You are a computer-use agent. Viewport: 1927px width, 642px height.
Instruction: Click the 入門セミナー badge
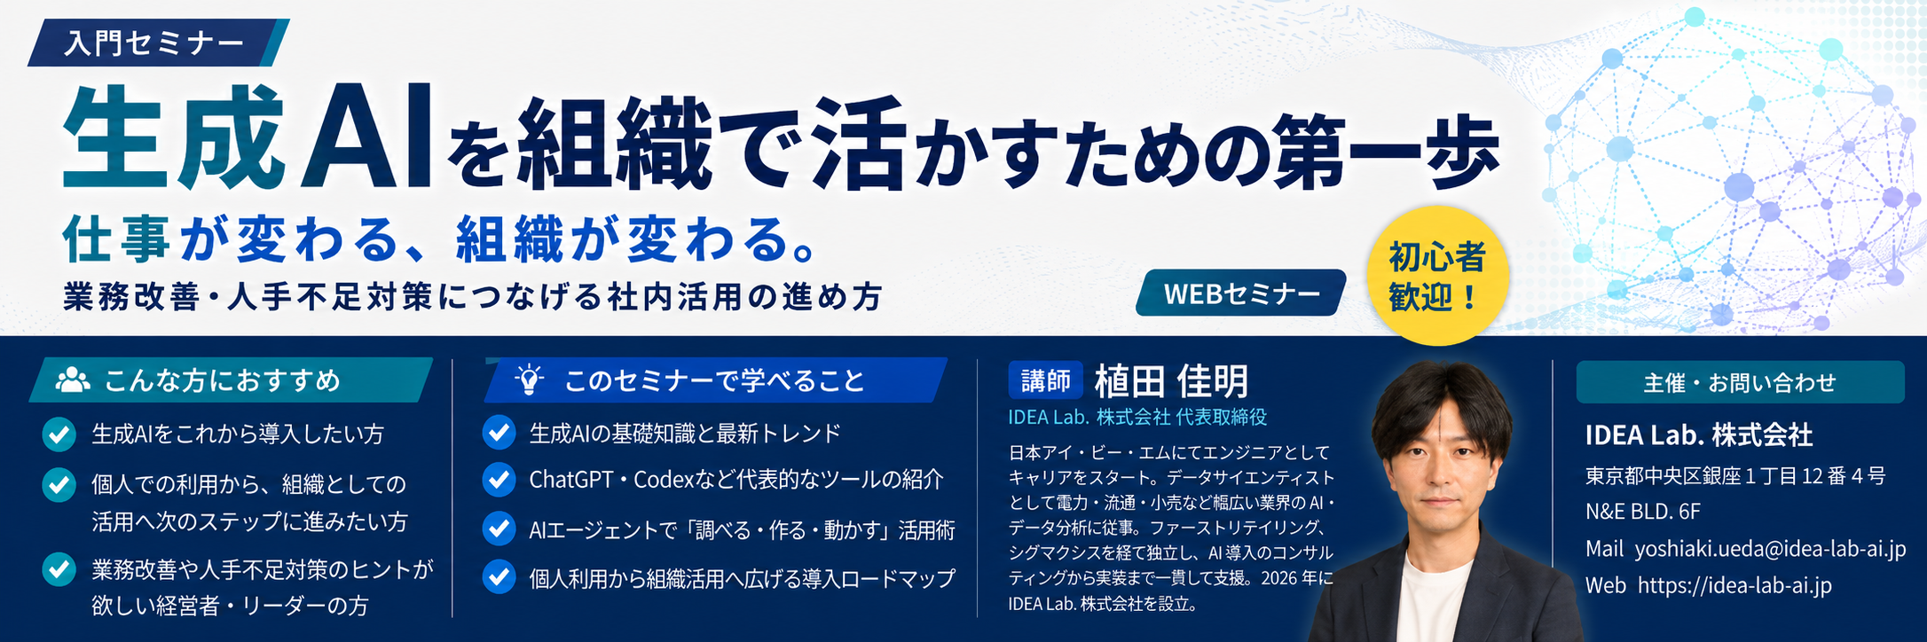point(158,43)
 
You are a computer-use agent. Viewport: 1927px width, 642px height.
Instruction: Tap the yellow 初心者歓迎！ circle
point(1437,276)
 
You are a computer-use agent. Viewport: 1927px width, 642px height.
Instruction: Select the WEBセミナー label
point(1241,294)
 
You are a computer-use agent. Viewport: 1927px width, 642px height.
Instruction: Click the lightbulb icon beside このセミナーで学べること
point(530,380)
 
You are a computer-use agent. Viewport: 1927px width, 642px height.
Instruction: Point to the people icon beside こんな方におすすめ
point(73,380)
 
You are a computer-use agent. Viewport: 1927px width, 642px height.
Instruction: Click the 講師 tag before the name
point(1045,381)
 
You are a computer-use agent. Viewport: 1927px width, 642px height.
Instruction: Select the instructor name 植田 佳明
point(1171,381)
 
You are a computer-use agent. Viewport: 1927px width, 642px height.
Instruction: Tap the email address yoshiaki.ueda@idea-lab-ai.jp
point(1770,549)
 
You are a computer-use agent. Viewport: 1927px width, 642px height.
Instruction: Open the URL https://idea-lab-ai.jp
point(1734,585)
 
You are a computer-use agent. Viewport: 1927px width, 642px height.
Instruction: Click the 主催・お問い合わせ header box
point(1740,382)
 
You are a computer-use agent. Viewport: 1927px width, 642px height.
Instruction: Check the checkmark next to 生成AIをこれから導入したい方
point(59,435)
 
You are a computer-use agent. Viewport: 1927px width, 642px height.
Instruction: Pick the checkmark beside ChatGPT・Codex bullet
point(499,480)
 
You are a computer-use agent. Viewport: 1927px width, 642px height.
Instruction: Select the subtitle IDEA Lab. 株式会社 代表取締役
point(1137,417)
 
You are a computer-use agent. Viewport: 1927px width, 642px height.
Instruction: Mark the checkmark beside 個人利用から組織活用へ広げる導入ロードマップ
point(499,578)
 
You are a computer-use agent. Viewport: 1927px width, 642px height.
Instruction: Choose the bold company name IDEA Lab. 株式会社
point(1699,435)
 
